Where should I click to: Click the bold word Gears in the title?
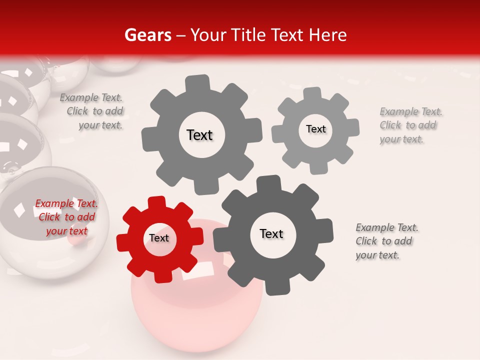click(x=147, y=35)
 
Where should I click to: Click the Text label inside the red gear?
click(x=159, y=238)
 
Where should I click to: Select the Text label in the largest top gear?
click(x=199, y=135)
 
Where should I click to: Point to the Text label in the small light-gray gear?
click(x=315, y=129)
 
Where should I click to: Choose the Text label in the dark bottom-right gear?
click(x=271, y=234)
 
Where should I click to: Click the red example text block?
click(x=66, y=217)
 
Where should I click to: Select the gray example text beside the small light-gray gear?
click(x=410, y=125)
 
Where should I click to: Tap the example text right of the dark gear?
click(x=387, y=241)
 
